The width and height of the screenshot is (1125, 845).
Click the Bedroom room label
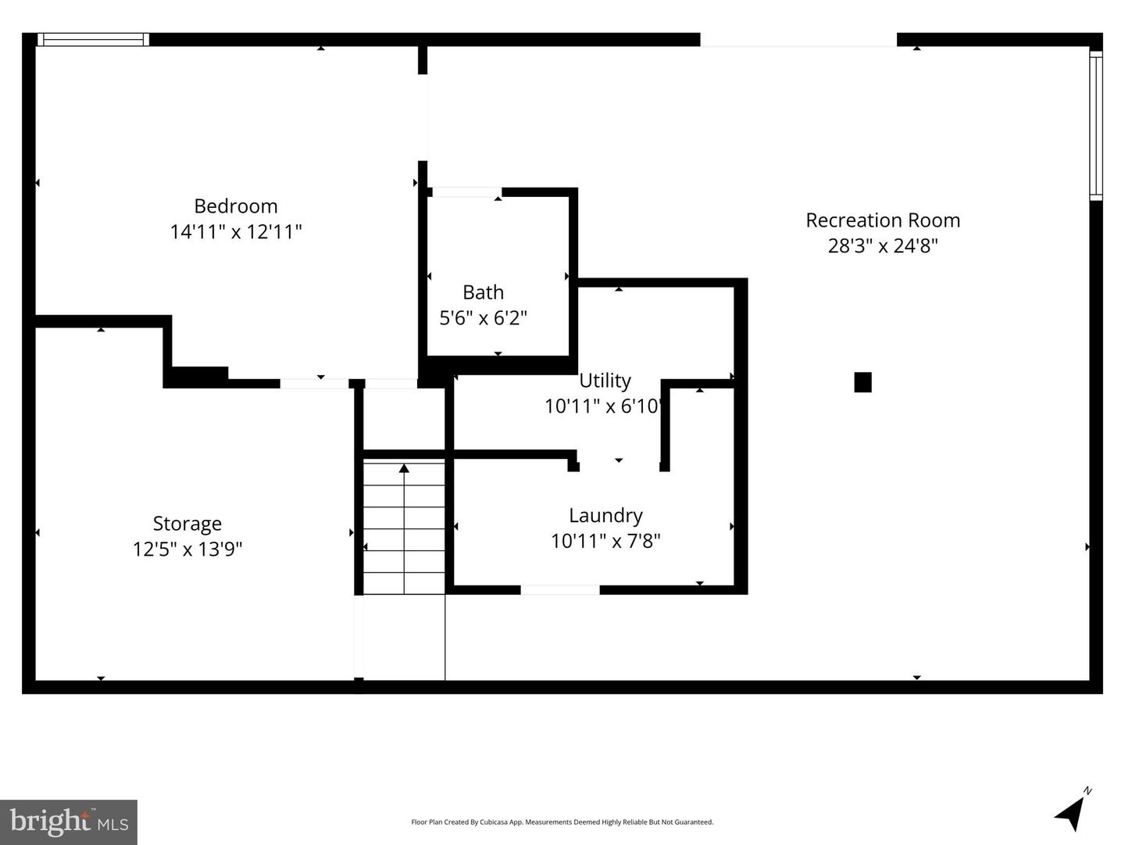[x=235, y=206]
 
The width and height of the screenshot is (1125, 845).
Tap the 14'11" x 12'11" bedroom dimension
[x=235, y=232]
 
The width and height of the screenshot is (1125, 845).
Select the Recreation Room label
[x=883, y=220]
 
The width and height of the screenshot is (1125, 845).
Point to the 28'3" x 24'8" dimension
[x=883, y=246]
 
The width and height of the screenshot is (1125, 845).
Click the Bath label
[x=483, y=292]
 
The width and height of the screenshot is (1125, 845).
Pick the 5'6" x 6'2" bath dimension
[x=483, y=318]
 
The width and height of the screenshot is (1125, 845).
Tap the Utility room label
[x=605, y=381]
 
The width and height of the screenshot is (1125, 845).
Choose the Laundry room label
[x=605, y=516]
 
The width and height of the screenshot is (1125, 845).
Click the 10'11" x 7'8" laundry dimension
[x=605, y=541]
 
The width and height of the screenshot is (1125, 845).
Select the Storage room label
[x=187, y=524]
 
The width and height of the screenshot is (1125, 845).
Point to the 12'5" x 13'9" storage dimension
[x=187, y=550]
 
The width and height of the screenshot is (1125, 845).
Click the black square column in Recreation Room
[x=862, y=382]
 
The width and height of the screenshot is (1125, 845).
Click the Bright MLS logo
[x=69, y=822]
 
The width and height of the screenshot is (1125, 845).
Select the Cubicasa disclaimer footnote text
[x=562, y=822]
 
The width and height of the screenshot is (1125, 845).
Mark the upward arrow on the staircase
[x=404, y=469]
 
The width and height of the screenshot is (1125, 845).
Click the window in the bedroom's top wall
[x=93, y=40]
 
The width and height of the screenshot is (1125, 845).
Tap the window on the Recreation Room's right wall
[x=1095, y=126]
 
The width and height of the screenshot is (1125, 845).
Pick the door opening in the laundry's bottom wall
[x=560, y=590]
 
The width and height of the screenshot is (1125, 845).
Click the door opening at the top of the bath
[x=466, y=192]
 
